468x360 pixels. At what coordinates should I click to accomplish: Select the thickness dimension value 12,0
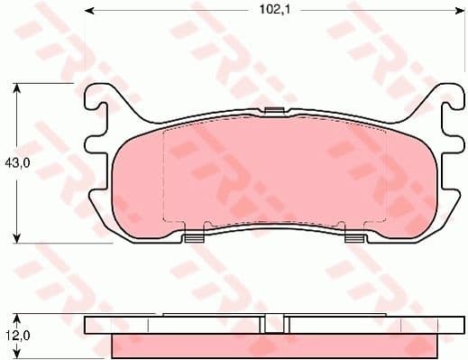pyautogui.click(x=15, y=335)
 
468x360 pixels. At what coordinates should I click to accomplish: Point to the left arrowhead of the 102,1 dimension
pyautogui.click(x=90, y=11)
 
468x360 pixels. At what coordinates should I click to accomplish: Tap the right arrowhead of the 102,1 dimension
pyautogui.click(x=459, y=11)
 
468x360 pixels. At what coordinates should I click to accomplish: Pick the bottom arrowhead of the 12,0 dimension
pyautogui.click(x=16, y=353)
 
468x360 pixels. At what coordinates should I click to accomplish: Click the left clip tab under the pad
pyautogui.click(x=193, y=239)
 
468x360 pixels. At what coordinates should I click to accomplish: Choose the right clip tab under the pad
pyautogui.click(x=355, y=239)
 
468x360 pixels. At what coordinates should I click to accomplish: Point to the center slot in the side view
pyautogui.click(x=274, y=327)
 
